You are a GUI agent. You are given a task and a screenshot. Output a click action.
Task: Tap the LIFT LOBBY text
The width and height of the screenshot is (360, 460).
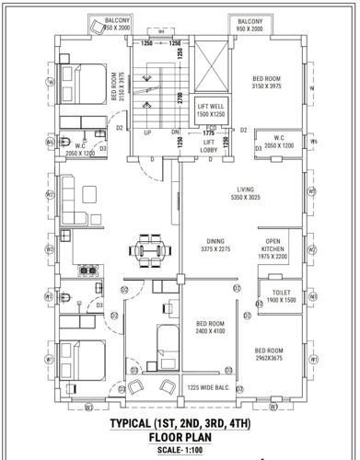tap(209, 144)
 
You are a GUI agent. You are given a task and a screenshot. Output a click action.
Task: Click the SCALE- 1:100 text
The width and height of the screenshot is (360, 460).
tap(180, 451)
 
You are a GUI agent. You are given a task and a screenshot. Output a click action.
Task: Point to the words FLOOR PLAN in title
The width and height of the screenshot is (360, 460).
tap(180, 438)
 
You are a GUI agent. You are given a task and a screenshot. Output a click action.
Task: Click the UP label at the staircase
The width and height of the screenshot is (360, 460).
tap(147, 132)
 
